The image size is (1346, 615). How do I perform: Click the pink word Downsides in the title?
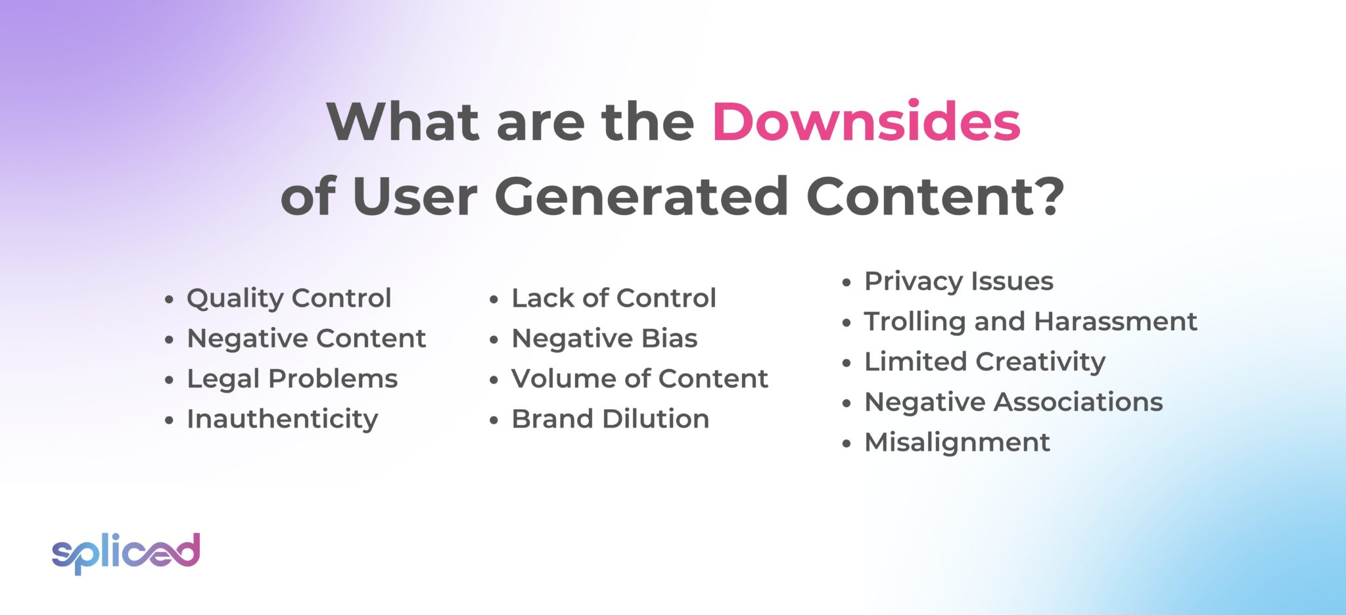pos(866,122)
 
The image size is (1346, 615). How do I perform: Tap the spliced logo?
pos(126,553)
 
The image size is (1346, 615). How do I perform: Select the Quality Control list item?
pos(289,298)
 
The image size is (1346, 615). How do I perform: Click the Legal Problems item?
pos(292,379)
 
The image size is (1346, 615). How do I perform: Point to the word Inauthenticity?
pos(282,419)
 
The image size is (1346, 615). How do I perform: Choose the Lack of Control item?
pos(613,298)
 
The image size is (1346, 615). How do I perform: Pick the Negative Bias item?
pos(604,339)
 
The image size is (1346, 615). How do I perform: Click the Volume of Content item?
pos(639,379)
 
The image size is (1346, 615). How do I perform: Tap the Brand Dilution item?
pos(610,419)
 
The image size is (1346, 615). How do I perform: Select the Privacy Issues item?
pos(958,282)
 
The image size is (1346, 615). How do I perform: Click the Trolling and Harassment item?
pos(1030,322)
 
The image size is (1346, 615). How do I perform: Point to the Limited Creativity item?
pos(985,362)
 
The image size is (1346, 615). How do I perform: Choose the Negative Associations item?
pos(1013,402)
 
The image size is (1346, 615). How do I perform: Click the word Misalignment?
pos(957,442)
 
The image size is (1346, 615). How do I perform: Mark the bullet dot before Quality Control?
pos(170,300)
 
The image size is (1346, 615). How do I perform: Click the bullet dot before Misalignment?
pos(847,444)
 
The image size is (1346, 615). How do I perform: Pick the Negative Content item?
pos(306,339)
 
